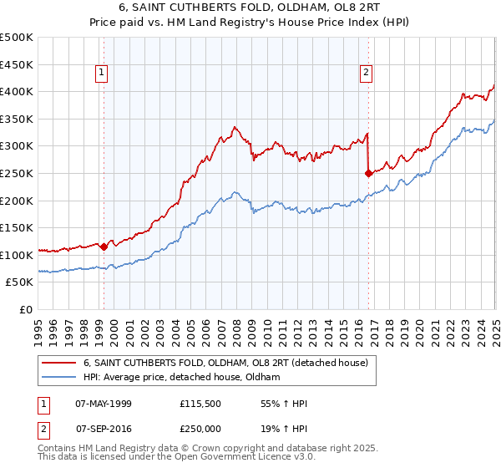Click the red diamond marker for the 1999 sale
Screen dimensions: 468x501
pos(104,247)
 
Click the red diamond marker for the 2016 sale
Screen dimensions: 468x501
pos(368,174)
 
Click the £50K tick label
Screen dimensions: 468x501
pos(20,282)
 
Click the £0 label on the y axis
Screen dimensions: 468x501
pos(26,309)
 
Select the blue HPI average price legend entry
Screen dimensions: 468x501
pos(181,378)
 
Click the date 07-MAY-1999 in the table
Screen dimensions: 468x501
pos(103,404)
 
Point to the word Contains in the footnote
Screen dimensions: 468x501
pos(58,450)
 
